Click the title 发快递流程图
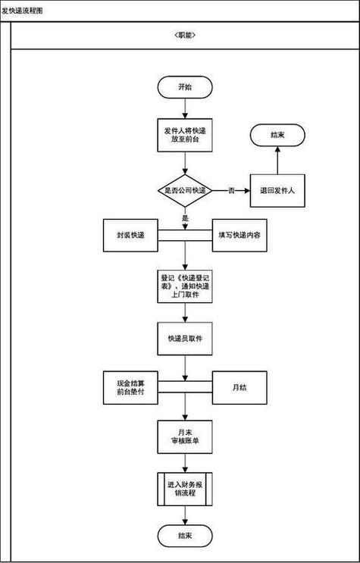[22, 11]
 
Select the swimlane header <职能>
[185, 36]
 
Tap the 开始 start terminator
[185, 87]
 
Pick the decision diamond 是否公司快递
[185, 189]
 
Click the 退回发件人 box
[277, 190]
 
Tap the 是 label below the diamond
[185, 217]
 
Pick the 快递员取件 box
[185, 337]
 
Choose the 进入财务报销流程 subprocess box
[185, 487]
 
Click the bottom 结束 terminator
[185, 535]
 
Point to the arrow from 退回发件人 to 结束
[277, 161]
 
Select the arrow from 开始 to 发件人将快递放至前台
[185, 108]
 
